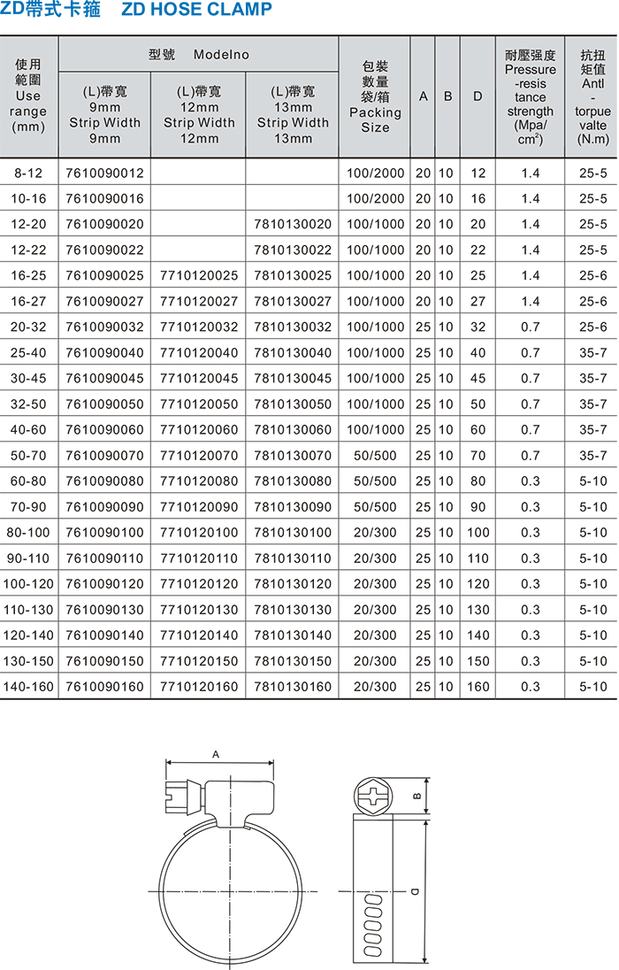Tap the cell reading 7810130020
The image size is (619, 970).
click(x=293, y=224)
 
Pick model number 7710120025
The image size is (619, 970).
click(x=199, y=275)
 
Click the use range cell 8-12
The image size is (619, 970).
click(x=28, y=173)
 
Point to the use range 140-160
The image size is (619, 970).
click(x=28, y=686)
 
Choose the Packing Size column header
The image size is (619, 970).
click(x=375, y=97)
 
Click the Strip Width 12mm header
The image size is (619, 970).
click(x=199, y=115)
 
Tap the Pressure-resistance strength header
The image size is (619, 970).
click(x=531, y=97)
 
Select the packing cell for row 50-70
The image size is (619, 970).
click(x=375, y=455)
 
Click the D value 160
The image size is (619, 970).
click(x=478, y=686)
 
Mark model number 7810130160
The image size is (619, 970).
click(x=293, y=686)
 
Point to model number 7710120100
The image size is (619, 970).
click(x=199, y=532)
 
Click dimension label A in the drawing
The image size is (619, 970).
click(x=216, y=754)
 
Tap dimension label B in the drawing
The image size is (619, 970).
click(x=416, y=796)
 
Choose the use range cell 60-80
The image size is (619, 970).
click(x=28, y=481)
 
